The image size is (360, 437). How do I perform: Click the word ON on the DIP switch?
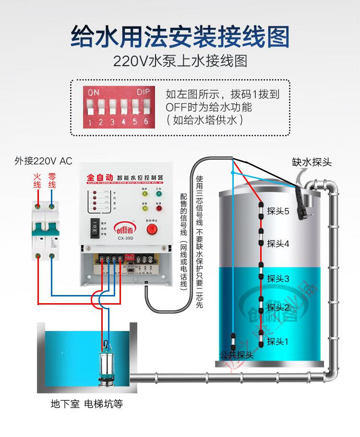(94, 91)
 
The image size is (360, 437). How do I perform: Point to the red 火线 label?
(37, 180)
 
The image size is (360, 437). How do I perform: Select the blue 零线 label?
(51, 180)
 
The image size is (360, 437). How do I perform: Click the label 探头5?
(278, 211)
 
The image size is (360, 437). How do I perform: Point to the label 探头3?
(278, 278)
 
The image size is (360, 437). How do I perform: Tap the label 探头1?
(278, 342)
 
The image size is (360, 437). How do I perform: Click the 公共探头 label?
(236, 355)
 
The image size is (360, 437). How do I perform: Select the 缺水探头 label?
(312, 162)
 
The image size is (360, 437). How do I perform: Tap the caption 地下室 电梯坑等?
(87, 404)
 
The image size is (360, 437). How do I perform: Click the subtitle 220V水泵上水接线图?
(180, 61)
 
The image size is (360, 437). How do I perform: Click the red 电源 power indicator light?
(158, 209)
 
